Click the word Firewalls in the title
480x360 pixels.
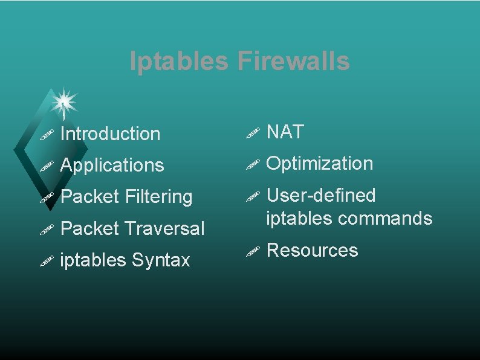tap(294, 62)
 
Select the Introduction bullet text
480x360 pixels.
tap(111, 133)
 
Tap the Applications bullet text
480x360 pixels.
tap(112, 166)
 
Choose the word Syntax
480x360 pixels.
tap(160, 260)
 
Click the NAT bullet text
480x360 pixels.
tap(285, 132)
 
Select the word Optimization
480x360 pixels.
tap(320, 164)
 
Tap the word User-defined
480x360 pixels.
tap(321, 196)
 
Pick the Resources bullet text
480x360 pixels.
tap(312, 250)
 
